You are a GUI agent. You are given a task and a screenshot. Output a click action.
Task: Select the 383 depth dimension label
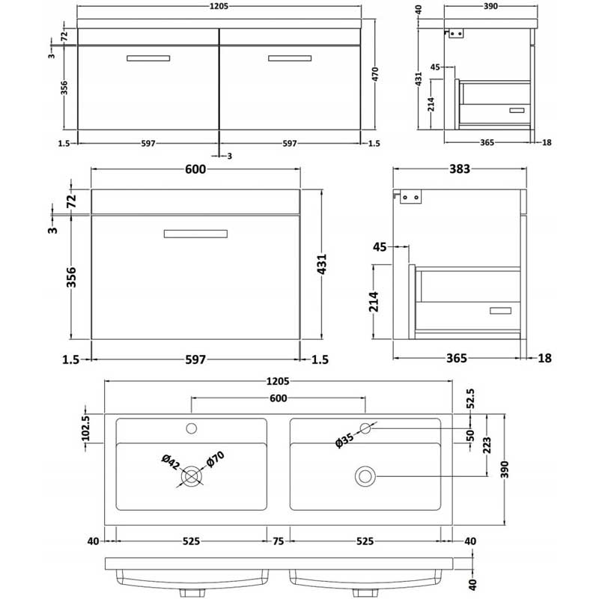(x=459, y=169)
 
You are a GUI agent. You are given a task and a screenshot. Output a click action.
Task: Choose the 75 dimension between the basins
(x=278, y=541)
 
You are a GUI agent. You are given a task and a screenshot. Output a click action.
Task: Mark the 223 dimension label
(x=487, y=446)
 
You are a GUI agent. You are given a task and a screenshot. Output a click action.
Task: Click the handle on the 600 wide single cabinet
(x=195, y=234)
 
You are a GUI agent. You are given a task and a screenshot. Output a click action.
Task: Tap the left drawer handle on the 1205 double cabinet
(x=148, y=58)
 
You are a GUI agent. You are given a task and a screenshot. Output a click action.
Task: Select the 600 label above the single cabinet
(x=195, y=169)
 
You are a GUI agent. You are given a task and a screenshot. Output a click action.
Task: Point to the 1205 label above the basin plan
(x=278, y=381)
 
